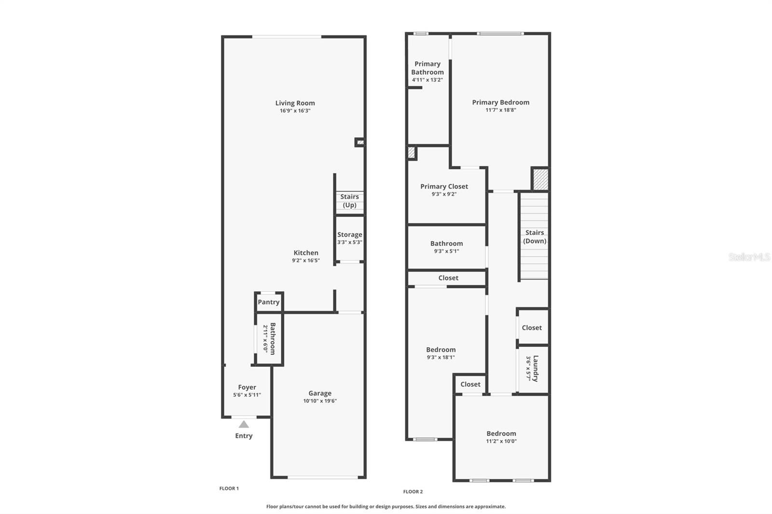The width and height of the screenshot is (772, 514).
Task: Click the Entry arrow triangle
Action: tap(244, 424)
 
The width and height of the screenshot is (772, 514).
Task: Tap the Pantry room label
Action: tap(269, 302)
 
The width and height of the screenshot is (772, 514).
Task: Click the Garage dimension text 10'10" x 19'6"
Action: tap(320, 401)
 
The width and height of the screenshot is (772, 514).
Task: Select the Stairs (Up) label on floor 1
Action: tap(349, 201)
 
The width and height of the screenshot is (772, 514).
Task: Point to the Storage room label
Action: tap(349, 234)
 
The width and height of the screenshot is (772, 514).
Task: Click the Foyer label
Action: tap(247, 387)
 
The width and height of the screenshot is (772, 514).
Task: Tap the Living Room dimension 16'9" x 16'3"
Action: tap(295, 110)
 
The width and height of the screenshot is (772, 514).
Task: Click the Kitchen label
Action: tap(306, 253)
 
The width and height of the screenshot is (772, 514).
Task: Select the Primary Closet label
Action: tap(444, 186)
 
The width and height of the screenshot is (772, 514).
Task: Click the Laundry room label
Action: tap(536, 368)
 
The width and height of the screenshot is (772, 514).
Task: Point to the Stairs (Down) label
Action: tap(535, 236)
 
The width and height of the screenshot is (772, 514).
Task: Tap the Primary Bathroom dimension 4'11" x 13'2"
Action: tap(427, 80)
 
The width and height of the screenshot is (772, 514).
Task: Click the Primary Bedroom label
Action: tap(500, 102)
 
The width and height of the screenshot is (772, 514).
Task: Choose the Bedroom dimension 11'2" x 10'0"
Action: tap(501, 441)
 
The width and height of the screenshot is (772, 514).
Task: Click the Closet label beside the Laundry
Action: tap(532, 327)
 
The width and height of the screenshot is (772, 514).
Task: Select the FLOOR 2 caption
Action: tap(413, 491)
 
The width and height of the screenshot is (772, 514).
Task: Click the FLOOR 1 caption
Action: tap(229, 488)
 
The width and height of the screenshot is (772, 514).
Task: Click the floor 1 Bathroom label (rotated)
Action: tap(273, 338)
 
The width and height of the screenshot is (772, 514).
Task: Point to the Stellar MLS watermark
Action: tap(749, 257)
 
